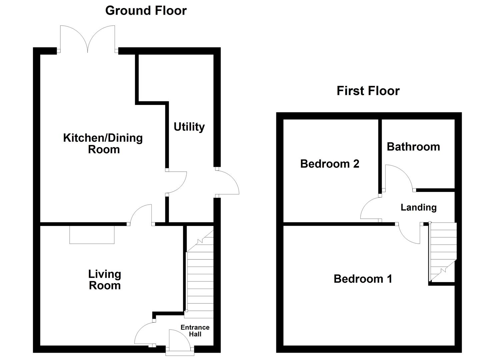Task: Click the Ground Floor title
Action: tap(146, 11)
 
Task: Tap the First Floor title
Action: tap(368, 91)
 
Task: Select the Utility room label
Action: tap(189, 127)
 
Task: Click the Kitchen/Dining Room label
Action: tap(103, 143)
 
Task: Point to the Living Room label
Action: tap(105, 280)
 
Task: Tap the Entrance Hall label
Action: tap(195, 331)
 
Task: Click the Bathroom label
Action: tap(413, 147)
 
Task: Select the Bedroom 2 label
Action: tap(330, 164)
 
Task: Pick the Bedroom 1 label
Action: tap(363, 279)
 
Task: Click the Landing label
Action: tap(418, 207)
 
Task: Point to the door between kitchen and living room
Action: tap(141, 214)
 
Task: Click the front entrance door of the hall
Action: tap(180, 340)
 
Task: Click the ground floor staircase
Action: tap(199, 273)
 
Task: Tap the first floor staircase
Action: tap(443, 252)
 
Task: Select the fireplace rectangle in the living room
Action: tap(92, 235)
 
